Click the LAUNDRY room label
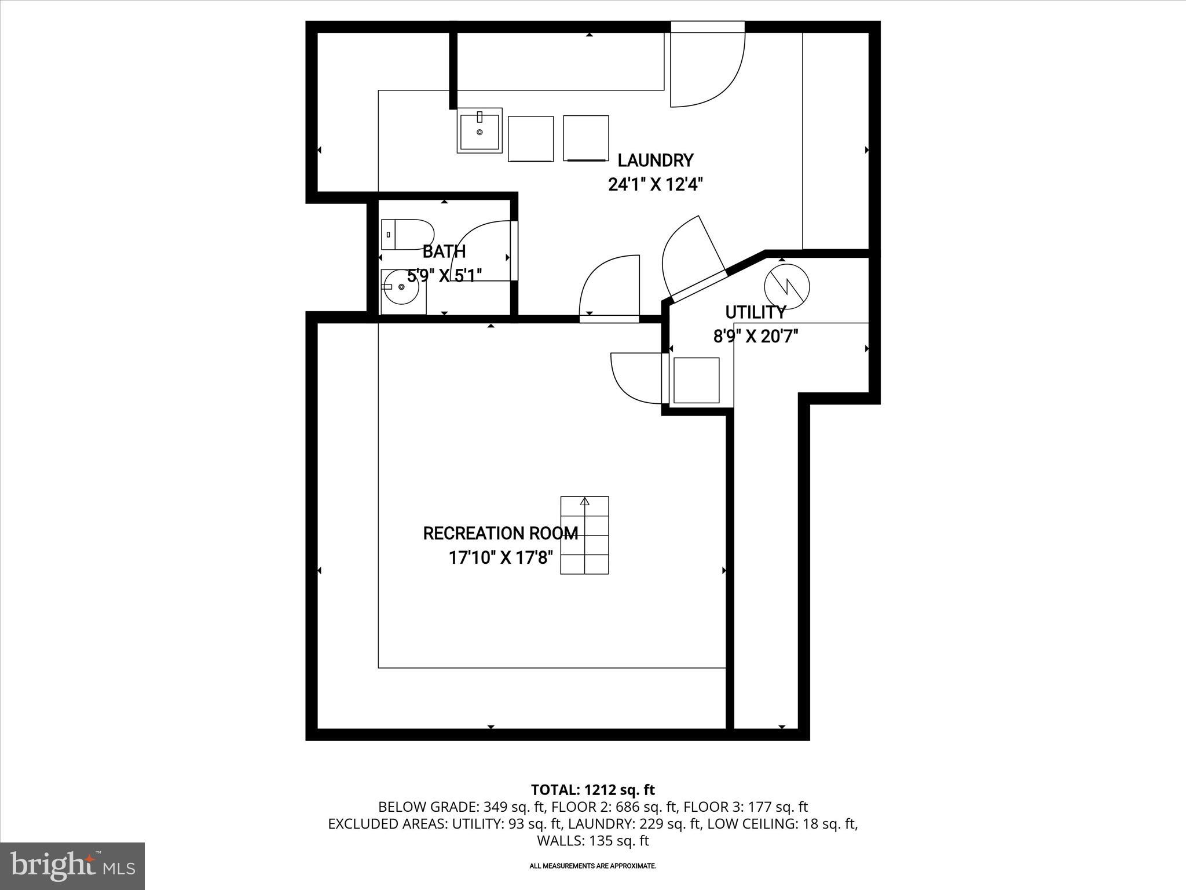655,160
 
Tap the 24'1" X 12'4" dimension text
655,185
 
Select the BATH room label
444,251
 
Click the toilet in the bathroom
407,234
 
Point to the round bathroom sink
402,287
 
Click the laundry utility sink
479,132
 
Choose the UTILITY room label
755,312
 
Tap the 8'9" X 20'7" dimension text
755,337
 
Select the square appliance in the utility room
697,380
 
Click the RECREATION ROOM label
500,533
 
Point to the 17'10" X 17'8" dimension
500,558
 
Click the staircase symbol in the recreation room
584,535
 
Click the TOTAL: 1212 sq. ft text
592,790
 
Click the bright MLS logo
72,866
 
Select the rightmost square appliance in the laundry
585,138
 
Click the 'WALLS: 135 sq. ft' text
592,841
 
